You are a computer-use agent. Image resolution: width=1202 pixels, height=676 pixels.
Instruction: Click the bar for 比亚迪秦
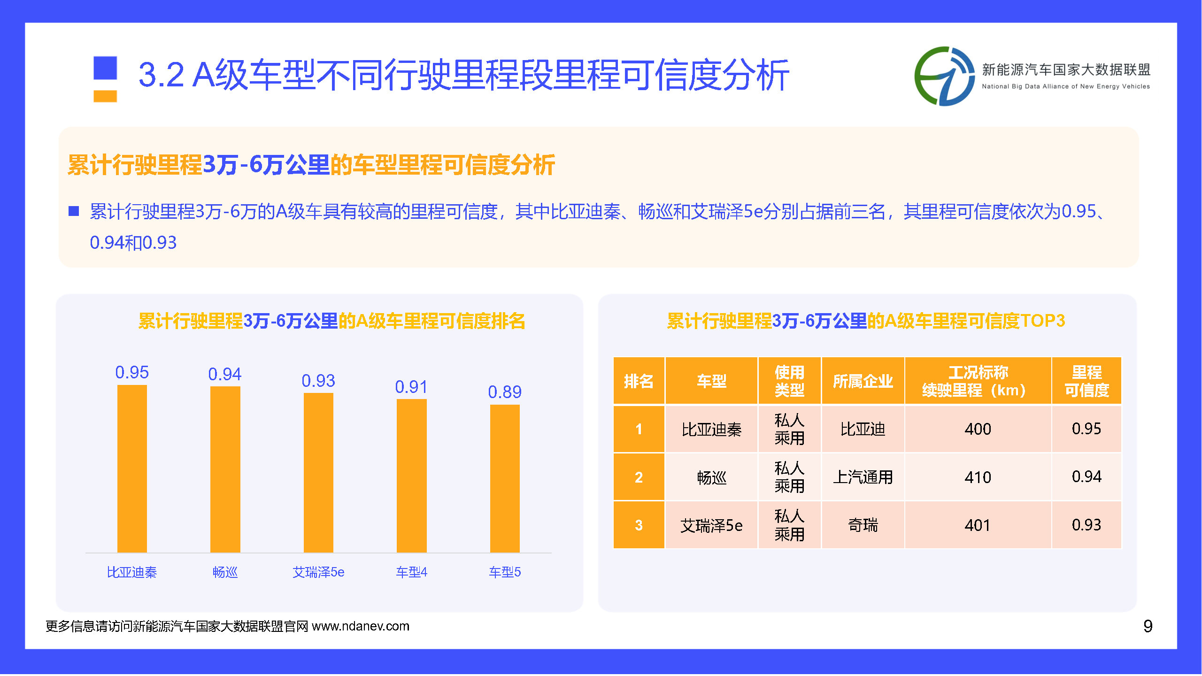pos(132,469)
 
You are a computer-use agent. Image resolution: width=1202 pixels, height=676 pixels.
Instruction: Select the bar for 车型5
pos(505,478)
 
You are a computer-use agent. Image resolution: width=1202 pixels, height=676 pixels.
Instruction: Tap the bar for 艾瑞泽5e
pos(318,473)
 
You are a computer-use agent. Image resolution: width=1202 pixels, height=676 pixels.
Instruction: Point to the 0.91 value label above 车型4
pos(411,387)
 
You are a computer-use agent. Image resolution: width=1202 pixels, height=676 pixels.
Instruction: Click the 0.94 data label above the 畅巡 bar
pos(225,374)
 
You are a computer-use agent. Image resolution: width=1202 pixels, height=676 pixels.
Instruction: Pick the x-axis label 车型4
pos(411,572)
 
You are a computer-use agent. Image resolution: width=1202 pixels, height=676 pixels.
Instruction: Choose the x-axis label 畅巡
pos(225,572)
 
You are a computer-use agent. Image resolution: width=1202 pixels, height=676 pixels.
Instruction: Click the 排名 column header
pos(639,381)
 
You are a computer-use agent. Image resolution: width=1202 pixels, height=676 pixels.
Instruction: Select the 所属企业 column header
pos(863,381)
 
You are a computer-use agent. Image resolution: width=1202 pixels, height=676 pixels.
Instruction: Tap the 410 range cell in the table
pos(978,477)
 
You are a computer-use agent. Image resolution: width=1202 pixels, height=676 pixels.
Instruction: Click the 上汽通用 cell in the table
pos(863,477)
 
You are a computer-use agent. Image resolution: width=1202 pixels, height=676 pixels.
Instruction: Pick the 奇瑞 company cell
pos(863,525)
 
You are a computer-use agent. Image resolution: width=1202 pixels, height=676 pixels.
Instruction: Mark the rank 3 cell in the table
pos(639,525)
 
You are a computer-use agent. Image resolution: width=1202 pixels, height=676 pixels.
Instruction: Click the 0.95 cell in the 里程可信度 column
pos(1086,429)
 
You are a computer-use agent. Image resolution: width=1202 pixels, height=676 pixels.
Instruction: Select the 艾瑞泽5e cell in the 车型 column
pos(711,525)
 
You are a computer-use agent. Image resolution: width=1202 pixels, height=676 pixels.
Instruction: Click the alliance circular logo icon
pos(944,76)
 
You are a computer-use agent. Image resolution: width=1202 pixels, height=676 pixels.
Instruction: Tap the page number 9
pos(1148,626)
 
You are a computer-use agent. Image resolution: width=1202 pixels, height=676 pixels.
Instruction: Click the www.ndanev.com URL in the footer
pos(361,626)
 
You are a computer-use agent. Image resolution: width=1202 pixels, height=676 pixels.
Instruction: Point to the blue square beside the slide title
pos(105,68)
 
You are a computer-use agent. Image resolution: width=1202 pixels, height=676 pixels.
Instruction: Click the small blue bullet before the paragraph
pos(74,211)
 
